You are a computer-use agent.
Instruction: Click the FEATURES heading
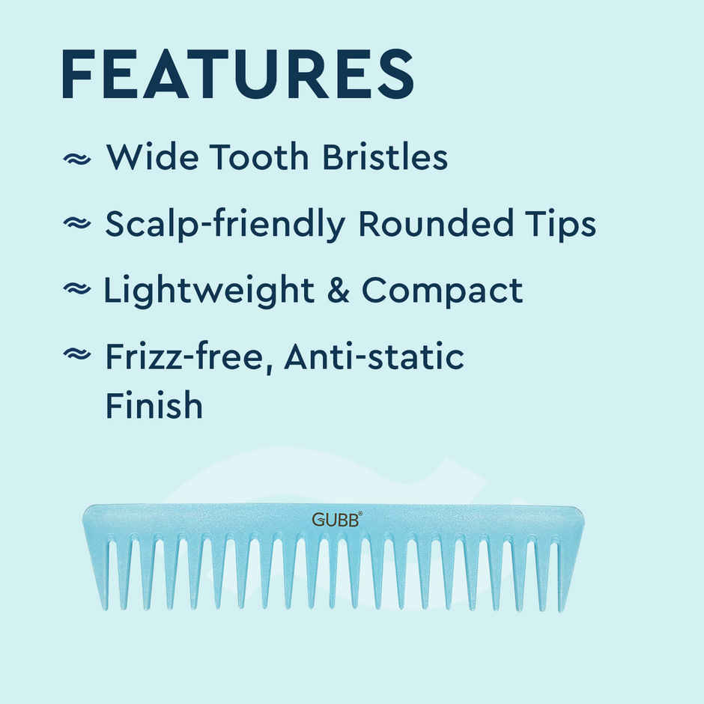coord(237,74)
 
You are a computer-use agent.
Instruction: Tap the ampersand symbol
coord(339,291)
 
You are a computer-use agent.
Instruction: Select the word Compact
coord(442,291)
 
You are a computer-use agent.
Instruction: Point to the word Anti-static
coord(374,356)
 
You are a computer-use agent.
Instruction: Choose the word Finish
coord(154,405)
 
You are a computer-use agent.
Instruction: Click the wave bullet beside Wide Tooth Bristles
coord(76,159)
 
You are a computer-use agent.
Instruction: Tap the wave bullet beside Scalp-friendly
coord(76,224)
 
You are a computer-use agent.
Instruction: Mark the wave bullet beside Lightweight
coord(76,290)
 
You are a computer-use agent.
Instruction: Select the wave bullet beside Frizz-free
coord(76,356)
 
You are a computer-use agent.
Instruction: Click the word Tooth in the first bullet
coord(260,157)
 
